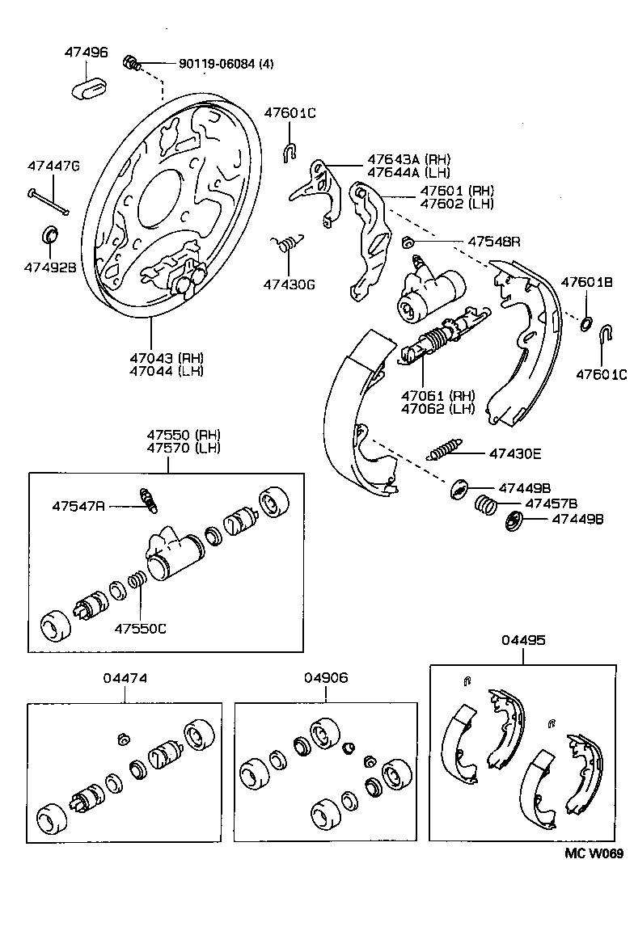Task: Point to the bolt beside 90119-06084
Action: [x=131, y=62]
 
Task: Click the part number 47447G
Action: [x=53, y=166]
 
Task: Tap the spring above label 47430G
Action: [x=286, y=242]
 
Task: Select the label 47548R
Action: [x=493, y=241]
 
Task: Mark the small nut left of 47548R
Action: [x=408, y=241]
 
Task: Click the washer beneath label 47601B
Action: [x=586, y=324]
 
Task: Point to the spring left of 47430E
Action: [x=445, y=450]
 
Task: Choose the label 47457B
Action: [x=551, y=503]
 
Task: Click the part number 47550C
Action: [x=140, y=627]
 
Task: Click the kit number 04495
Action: [x=522, y=639]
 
